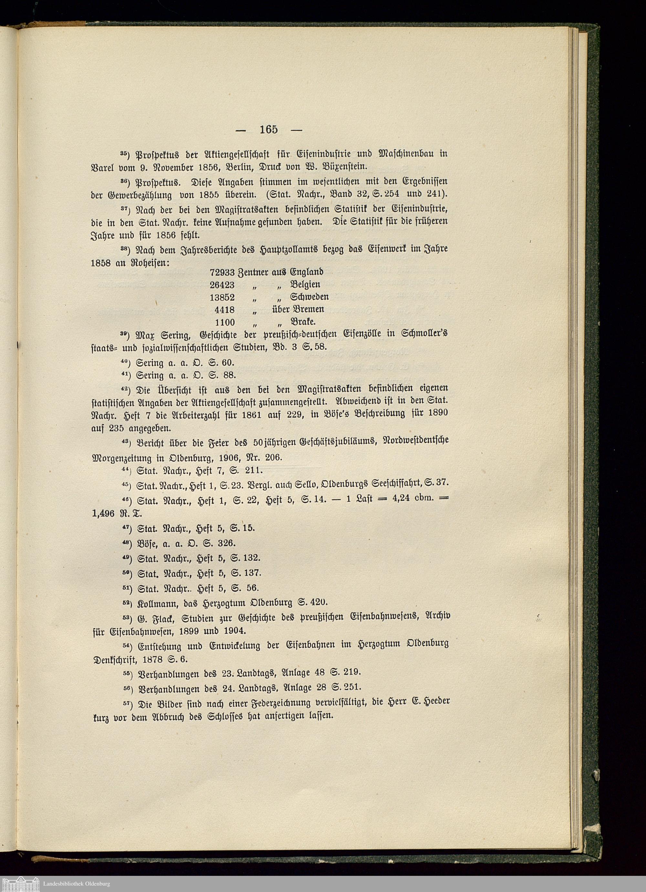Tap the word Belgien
306,284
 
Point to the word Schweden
309,297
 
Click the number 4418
224,309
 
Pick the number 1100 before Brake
224,322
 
